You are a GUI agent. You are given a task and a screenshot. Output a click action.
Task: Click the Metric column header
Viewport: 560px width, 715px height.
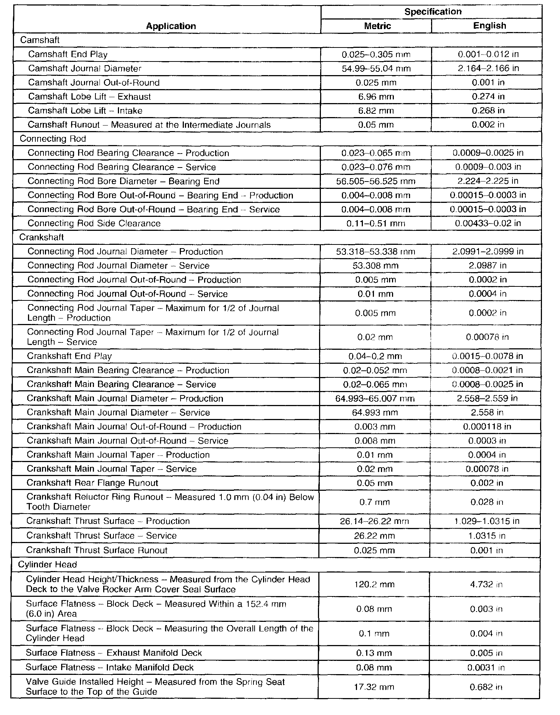377,26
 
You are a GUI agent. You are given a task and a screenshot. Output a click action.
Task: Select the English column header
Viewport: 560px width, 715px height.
490,26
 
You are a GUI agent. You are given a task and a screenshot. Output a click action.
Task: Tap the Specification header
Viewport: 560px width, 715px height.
433,12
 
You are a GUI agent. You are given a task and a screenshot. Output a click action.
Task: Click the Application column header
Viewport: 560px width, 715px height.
171,26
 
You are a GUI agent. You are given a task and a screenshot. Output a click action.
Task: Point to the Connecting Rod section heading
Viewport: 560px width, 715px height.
53,139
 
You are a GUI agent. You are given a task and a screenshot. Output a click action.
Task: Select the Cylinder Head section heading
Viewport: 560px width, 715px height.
48,564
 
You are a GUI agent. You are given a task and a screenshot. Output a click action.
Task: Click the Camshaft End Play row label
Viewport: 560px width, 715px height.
68,54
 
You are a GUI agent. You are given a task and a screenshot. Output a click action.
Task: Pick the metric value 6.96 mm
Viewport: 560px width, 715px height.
376,97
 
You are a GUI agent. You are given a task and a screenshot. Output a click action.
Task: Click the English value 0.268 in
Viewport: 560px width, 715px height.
488,111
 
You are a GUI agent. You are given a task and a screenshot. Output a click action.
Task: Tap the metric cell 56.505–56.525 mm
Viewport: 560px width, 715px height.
375,181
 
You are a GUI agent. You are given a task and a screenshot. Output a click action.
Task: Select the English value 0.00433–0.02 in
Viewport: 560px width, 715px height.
488,223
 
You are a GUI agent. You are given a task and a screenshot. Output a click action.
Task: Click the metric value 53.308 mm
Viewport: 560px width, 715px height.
375,266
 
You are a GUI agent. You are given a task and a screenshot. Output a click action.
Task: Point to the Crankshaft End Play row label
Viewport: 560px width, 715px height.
69,356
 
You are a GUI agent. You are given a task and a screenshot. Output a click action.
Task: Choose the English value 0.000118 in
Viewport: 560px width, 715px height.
487,427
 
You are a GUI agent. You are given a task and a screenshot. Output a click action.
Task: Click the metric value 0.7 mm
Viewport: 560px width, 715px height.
374,502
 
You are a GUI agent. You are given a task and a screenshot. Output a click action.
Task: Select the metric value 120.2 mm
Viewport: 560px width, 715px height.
374,584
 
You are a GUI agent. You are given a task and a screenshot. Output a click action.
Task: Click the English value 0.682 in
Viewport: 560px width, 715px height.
486,687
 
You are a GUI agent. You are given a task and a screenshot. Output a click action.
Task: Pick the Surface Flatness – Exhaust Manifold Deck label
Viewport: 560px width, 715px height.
114,653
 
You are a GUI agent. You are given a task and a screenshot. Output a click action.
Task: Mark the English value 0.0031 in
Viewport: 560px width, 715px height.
486,668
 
